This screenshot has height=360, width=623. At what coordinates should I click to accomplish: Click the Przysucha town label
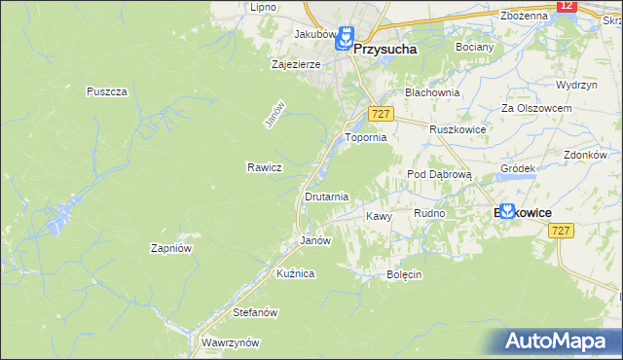click(x=385, y=46)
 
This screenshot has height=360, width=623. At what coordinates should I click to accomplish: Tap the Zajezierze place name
click(x=296, y=65)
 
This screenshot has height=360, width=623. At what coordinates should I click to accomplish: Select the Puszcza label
click(x=107, y=91)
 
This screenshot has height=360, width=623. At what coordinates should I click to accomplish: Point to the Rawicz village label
click(x=264, y=167)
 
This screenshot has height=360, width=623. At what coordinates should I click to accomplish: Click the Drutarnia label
click(x=326, y=197)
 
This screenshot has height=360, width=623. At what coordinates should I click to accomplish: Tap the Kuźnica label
click(x=295, y=273)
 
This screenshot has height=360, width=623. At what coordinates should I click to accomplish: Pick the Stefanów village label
click(x=256, y=312)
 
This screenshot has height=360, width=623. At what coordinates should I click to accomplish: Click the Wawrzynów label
click(x=229, y=342)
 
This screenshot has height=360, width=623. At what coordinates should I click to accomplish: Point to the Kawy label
click(x=378, y=216)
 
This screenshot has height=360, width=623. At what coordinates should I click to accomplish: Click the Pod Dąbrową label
click(x=439, y=174)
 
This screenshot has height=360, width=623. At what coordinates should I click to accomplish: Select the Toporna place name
click(x=366, y=138)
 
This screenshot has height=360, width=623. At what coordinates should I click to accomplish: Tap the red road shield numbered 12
click(x=568, y=6)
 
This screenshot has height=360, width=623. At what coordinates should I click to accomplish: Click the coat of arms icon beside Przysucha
click(x=343, y=39)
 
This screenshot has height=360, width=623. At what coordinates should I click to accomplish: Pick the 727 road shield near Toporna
click(x=381, y=115)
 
